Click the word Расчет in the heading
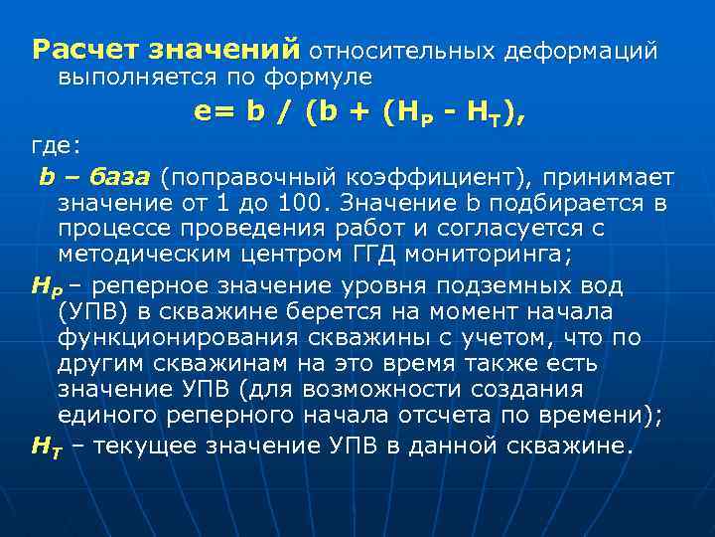(x=85, y=48)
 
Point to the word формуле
(x=322, y=75)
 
